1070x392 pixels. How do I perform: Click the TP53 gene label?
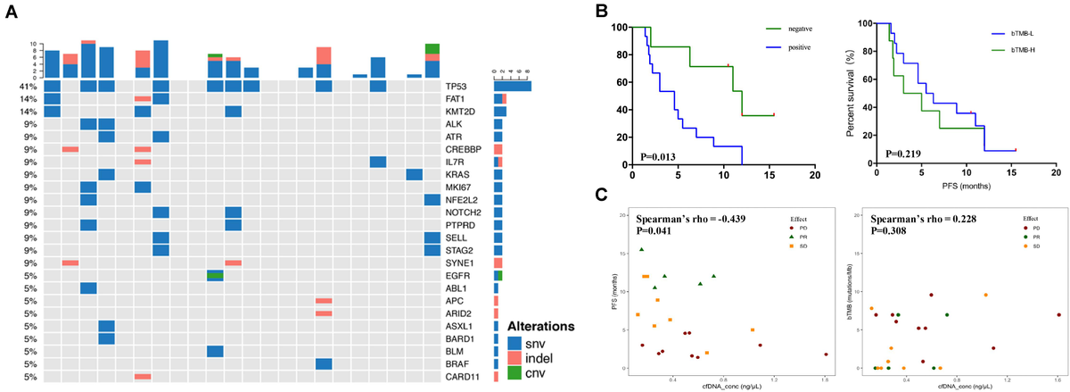point(457,86)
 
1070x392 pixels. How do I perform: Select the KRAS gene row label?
point(458,174)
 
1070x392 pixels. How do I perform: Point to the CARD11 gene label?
point(461,377)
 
